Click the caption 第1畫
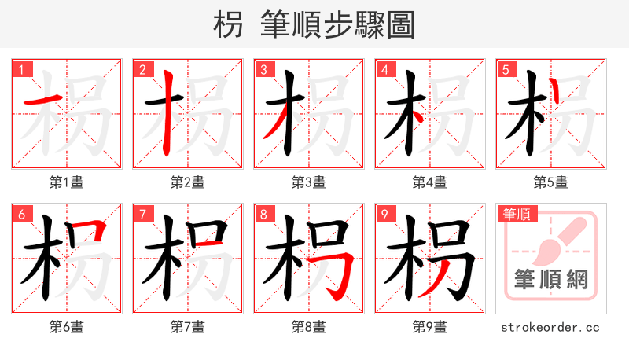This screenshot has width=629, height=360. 67,182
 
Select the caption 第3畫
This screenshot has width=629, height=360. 309,182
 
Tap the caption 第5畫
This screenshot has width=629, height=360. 551,182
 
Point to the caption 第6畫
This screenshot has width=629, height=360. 67,327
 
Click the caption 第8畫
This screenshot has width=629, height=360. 309,327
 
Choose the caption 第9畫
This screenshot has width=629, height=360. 430,327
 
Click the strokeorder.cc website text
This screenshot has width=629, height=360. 550,327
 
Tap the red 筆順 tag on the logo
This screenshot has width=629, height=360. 515,214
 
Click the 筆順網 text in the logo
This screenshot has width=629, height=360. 550,278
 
